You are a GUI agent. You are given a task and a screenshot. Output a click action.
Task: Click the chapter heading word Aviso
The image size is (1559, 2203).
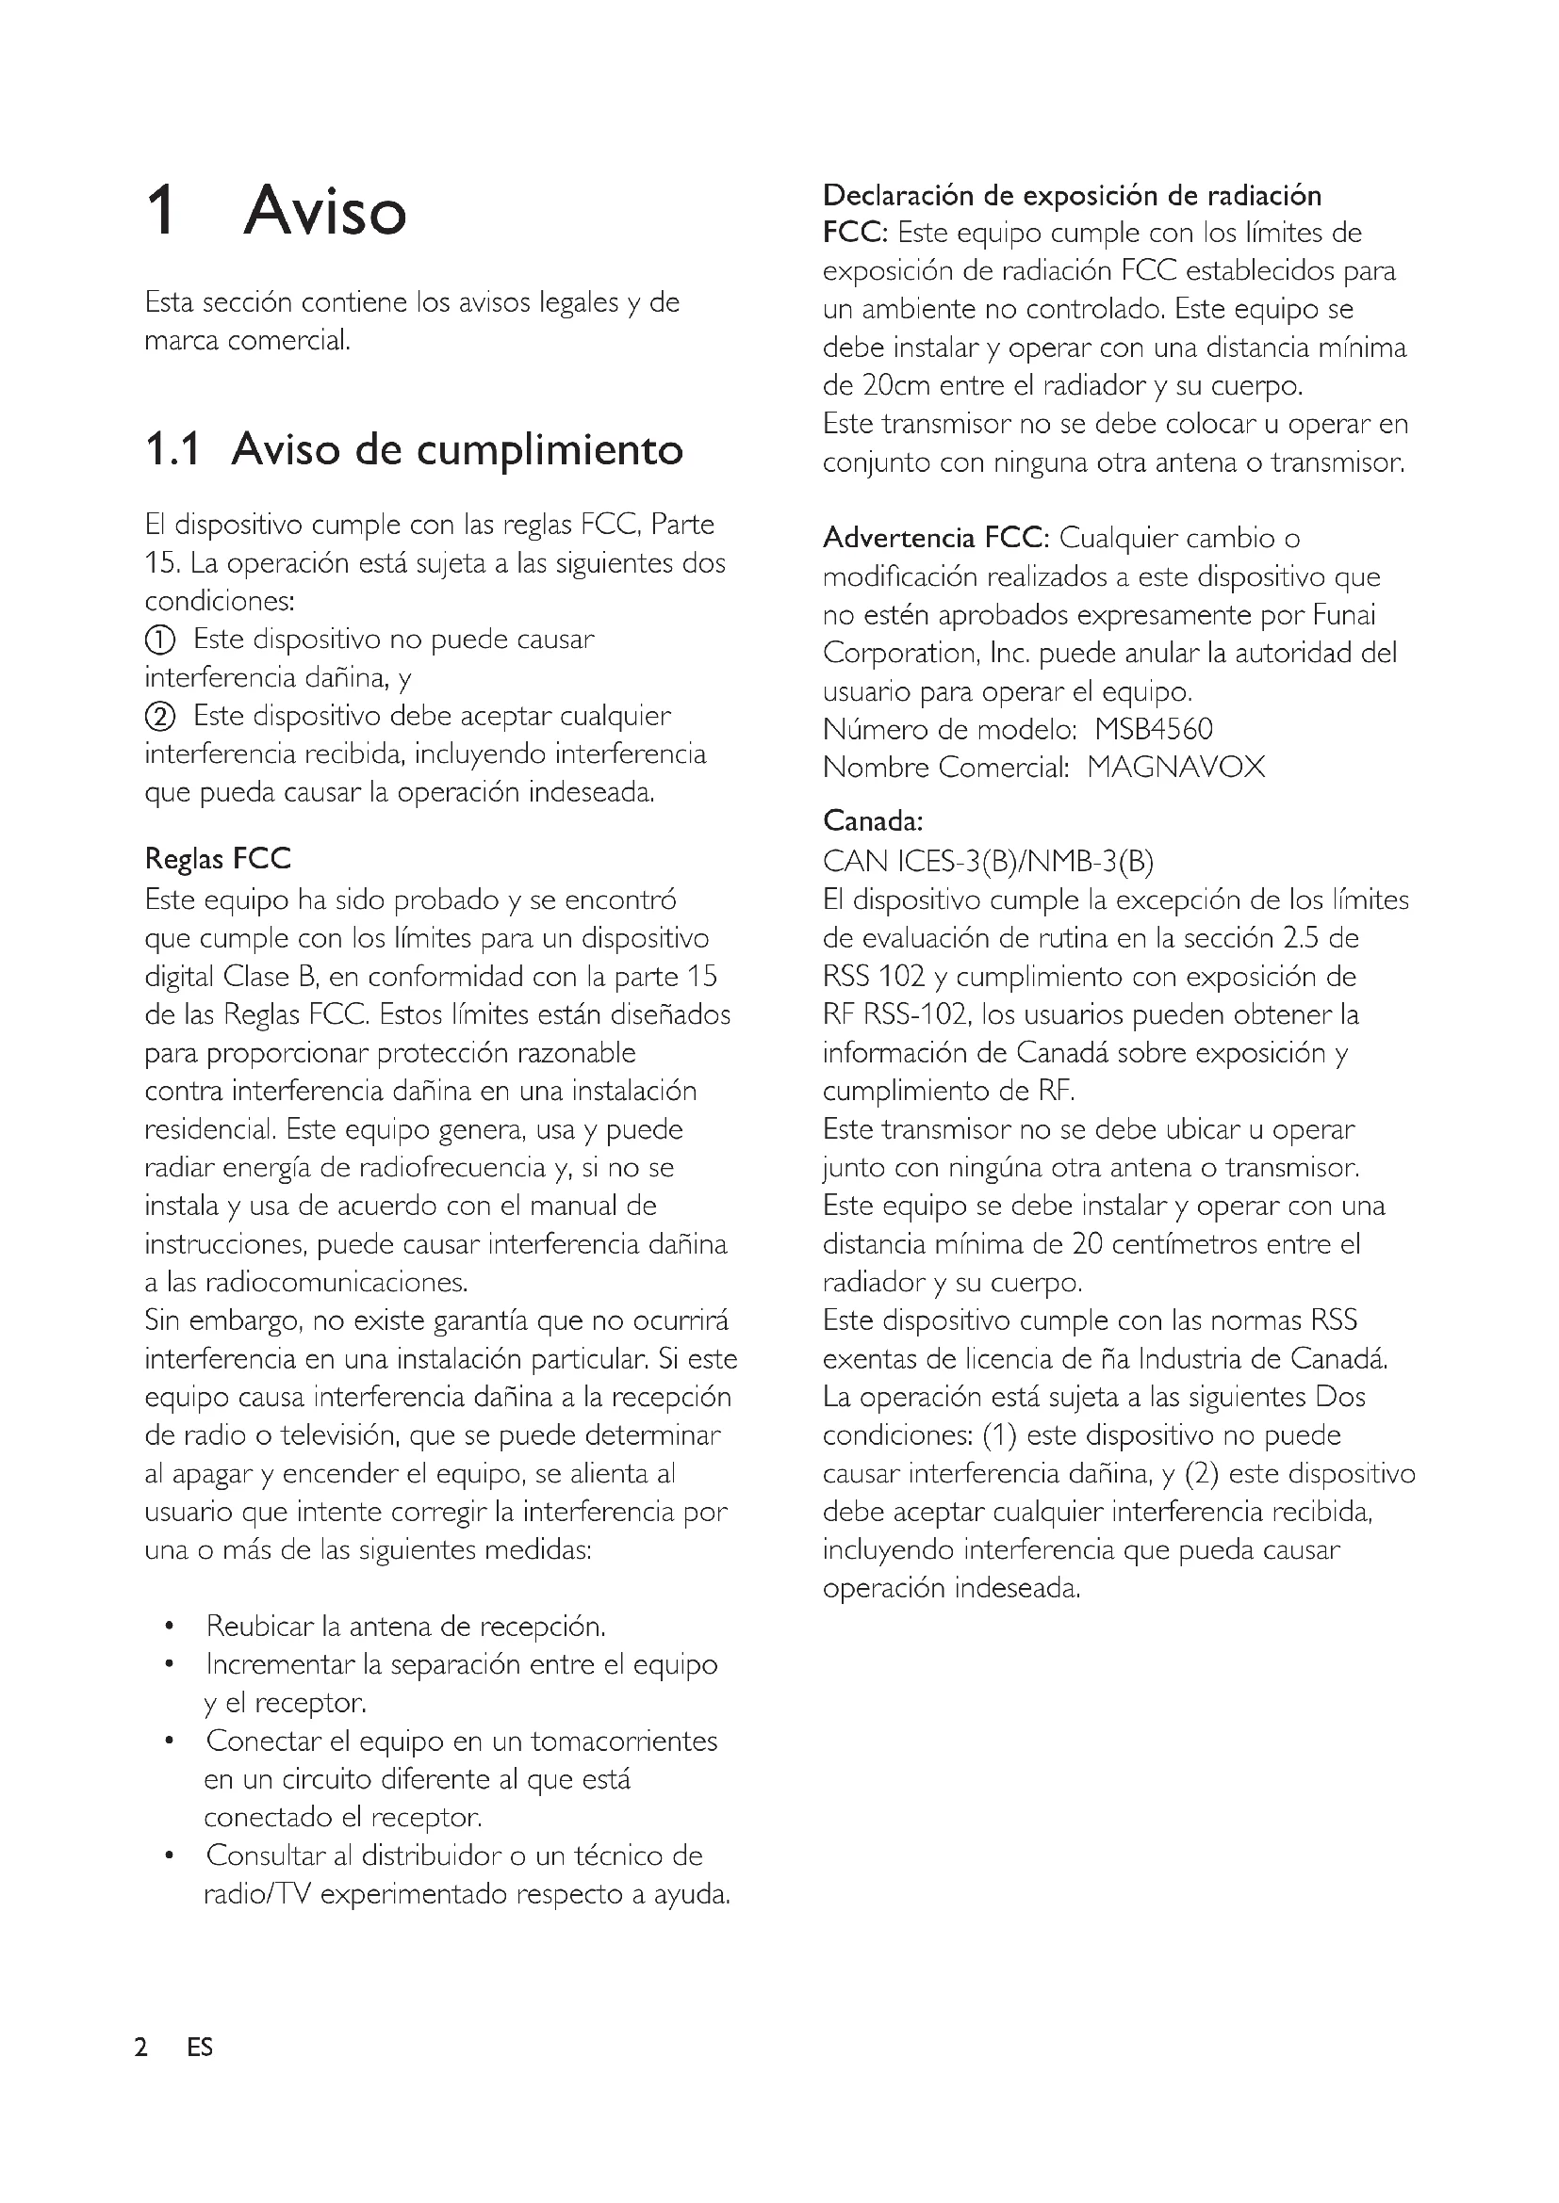click(324, 211)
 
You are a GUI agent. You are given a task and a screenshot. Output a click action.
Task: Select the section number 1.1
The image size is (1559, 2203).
click(172, 449)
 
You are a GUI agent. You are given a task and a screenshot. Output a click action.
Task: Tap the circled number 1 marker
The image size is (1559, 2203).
click(160, 640)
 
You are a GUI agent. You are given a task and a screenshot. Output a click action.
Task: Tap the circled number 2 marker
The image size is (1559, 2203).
click(160, 717)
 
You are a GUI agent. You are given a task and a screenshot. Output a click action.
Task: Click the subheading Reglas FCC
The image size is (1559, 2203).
click(217, 858)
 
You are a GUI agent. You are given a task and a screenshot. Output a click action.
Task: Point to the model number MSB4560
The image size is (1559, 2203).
click(1154, 729)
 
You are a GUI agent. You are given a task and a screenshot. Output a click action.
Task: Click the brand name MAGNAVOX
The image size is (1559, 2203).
click(1176, 768)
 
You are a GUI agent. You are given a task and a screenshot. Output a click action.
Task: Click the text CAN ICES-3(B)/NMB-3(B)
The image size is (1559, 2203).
click(988, 862)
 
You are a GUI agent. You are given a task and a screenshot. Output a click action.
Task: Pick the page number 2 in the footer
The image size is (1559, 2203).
click(142, 2047)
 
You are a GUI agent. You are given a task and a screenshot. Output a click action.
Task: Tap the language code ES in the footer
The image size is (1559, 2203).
click(200, 2047)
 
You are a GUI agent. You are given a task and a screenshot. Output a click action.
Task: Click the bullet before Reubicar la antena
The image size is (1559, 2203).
click(169, 1627)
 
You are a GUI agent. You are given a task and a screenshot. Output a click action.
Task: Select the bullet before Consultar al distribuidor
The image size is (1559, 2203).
click(169, 1855)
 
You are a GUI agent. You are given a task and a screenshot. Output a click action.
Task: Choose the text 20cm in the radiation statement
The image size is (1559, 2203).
click(895, 386)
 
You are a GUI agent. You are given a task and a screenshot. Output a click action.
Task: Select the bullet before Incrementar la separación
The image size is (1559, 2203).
click(169, 1664)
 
